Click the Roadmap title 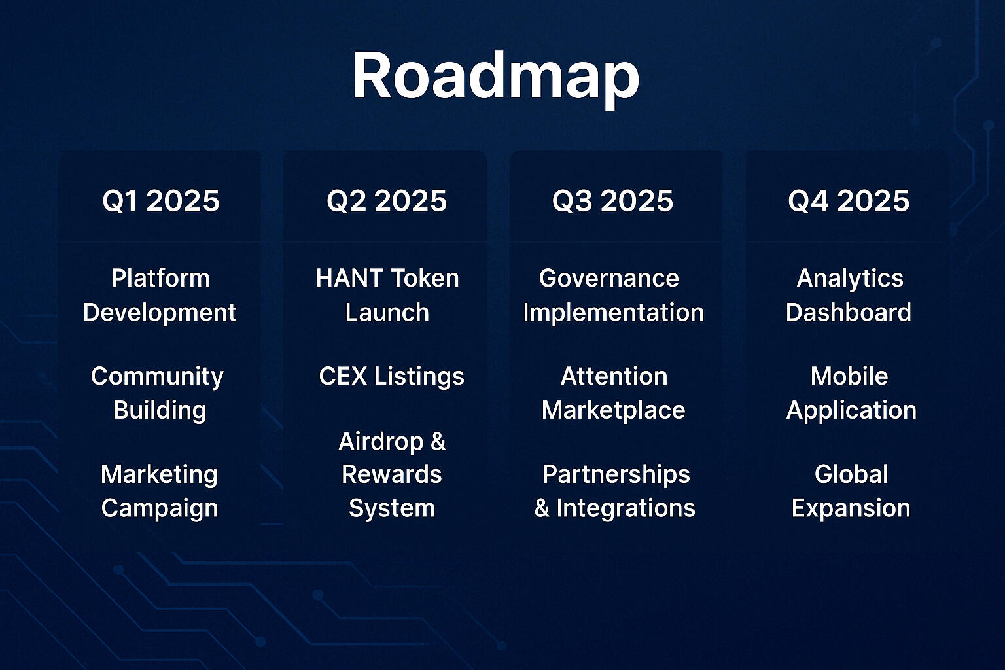496,77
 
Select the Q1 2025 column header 161,201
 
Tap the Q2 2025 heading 387,201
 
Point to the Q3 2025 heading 613,201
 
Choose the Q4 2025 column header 849,201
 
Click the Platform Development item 160,295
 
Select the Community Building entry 158,394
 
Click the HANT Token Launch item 387,295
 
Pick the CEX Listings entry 392,376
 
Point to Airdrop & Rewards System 392,475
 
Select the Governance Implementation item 614,295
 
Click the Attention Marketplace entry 614,393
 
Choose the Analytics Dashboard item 849,295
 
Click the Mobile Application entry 851,394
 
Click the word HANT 349,278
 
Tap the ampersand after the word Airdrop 438,442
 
